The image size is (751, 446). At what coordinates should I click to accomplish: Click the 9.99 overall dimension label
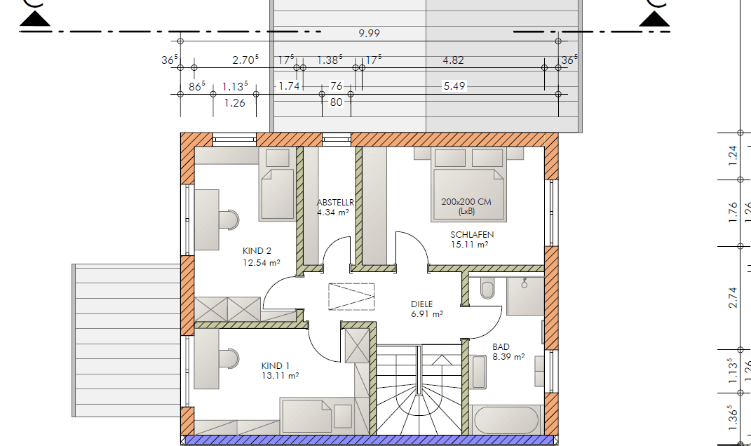coord(369,34)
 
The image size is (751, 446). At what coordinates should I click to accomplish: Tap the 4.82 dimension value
coord(453,60)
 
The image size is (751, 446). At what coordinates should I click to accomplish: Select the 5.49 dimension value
coord(454,86)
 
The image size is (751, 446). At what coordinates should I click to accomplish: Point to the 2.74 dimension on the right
coord(733,298)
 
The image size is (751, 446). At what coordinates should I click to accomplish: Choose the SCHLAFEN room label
coord(472,235)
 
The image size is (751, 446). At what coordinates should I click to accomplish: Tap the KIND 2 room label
coord(257,251)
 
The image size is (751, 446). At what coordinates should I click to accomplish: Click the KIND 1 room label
coord(276,366)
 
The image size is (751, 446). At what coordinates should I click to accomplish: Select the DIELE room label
coord(422,304)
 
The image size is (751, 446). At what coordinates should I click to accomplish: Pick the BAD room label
coord(501,347)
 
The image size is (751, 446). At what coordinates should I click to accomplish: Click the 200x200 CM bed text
coord(466,202)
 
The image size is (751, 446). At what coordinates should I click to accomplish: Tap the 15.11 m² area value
coord(470,245)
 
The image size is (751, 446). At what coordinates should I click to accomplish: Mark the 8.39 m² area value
coord(508,357)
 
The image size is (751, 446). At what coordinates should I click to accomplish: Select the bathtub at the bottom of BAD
coord(506,420)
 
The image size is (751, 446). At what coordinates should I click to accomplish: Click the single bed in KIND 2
coord(276,194)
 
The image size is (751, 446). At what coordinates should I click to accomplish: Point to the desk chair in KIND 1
coord(229,358)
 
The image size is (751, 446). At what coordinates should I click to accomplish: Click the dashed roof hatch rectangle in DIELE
coord(352,296)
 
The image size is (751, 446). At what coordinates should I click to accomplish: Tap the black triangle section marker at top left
coord(34,19)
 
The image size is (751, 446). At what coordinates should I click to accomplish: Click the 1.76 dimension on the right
coord(733,212)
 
